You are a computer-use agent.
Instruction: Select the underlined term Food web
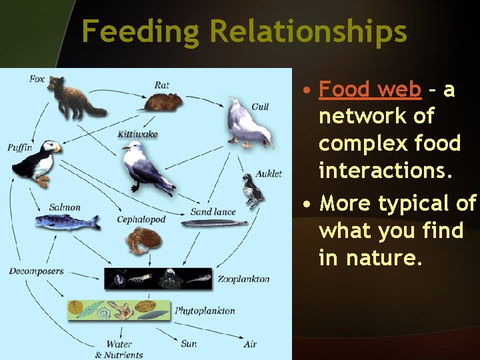pos(370,89)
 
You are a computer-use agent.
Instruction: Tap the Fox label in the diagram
pos(37,79)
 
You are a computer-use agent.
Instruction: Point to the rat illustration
pos(164,102)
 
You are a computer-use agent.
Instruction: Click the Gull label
pos(260,107)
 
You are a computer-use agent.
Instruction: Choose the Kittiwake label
pos(137,134)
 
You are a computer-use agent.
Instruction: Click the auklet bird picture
pos(254,191)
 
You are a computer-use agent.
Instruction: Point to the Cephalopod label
pos(141,219)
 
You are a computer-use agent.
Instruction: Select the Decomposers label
pos(36,271)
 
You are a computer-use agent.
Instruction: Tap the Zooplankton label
pos(243,279)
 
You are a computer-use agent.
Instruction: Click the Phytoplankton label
pos(205,311)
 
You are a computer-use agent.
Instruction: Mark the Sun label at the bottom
pos(189,344)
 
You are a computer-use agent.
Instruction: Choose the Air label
pos(250,344)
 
